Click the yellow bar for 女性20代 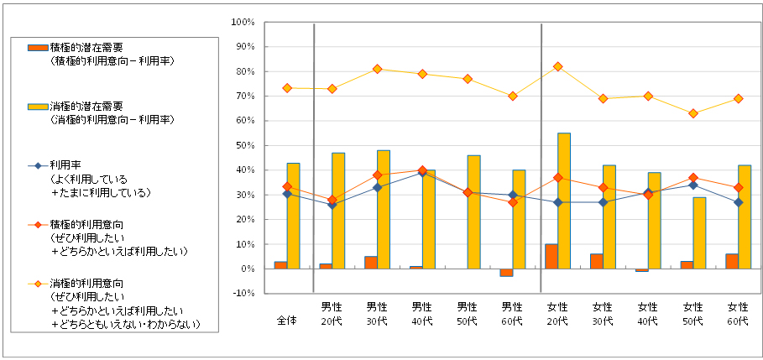point(564,201)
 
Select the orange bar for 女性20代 point(551,257)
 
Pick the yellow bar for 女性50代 point(699,233)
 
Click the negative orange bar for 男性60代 point(505,273)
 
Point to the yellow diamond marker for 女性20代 point(557,66)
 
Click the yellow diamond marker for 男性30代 point(377,69)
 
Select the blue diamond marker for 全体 point(287,194)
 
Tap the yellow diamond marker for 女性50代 point(692,113)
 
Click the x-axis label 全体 point(287,320)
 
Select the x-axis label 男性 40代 point(422,313)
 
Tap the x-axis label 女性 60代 point(738,313)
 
